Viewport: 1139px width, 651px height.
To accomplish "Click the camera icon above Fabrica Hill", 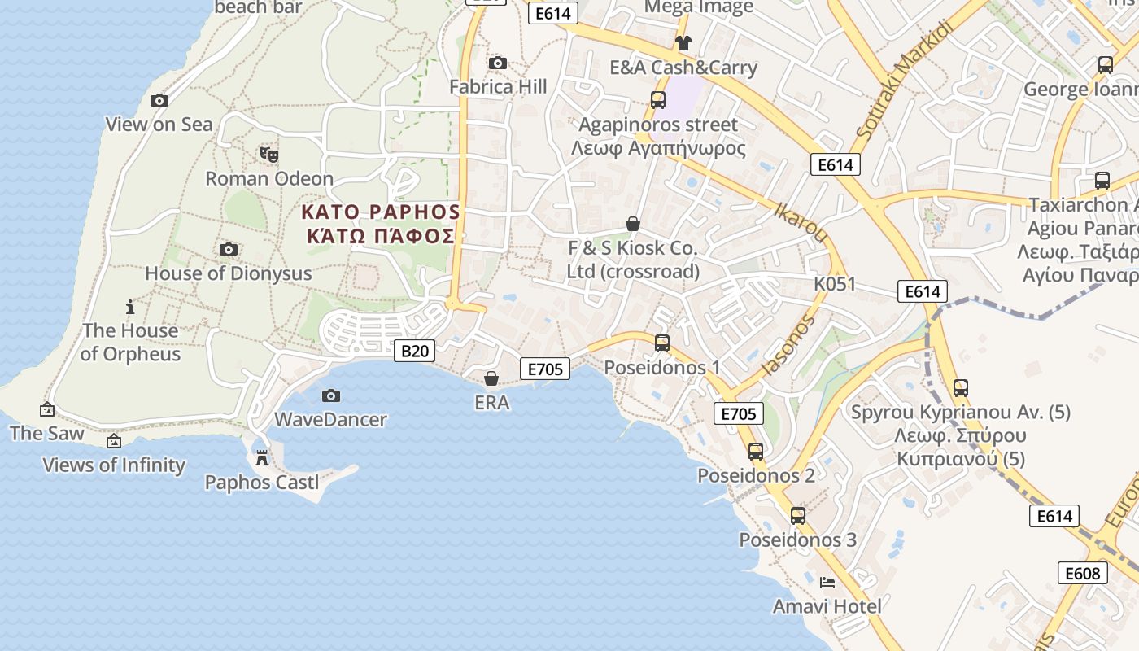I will click(497, 63).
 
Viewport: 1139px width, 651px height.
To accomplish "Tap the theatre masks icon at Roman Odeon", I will click(269, 153).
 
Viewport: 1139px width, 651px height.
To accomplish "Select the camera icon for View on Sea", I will click(159, 100).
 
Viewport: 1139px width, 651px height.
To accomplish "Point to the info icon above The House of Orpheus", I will click(130, 307).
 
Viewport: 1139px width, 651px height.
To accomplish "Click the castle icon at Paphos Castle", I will click(262, 458).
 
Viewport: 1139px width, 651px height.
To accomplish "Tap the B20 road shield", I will click(414, 351).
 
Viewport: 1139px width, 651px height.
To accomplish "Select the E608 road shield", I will click(1083, 573).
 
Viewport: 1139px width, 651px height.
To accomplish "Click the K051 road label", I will click(835, 284).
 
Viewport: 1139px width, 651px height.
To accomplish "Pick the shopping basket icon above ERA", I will click(491, 378).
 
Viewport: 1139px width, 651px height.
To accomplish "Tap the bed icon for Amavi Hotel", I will click(827, 582).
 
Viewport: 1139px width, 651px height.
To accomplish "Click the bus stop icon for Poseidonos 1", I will click(662, 343).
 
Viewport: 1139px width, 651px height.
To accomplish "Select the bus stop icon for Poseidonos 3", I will click(798, 516).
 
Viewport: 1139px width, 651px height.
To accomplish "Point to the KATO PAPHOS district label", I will click(381, 212).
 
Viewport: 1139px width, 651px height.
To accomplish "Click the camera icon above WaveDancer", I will click(331, 395).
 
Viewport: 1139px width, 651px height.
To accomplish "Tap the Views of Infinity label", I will click(114, 465).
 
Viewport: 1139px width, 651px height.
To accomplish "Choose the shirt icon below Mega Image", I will click(683, 42).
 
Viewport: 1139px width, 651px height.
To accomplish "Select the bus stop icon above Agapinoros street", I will click(658, 100).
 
